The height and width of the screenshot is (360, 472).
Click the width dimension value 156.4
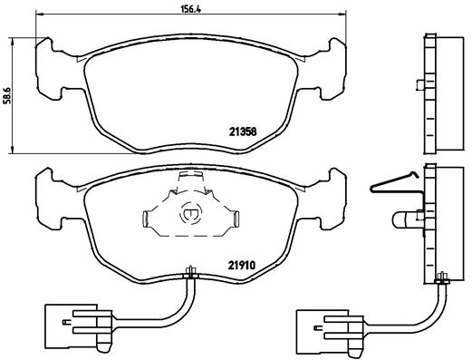point(190,9)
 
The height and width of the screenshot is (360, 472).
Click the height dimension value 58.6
point(7,95)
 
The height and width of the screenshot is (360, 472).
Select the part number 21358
point(243,131)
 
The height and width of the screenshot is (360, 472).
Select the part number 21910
point(242,266)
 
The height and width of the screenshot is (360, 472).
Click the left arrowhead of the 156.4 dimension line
point(39,14)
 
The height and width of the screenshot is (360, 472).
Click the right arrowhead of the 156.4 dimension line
point(342,14)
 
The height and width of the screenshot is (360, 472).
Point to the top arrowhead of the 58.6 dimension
point(12,42)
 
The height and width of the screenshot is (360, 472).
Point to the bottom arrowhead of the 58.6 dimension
point(12,150)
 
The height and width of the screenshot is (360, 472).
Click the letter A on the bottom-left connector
point(66,322)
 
